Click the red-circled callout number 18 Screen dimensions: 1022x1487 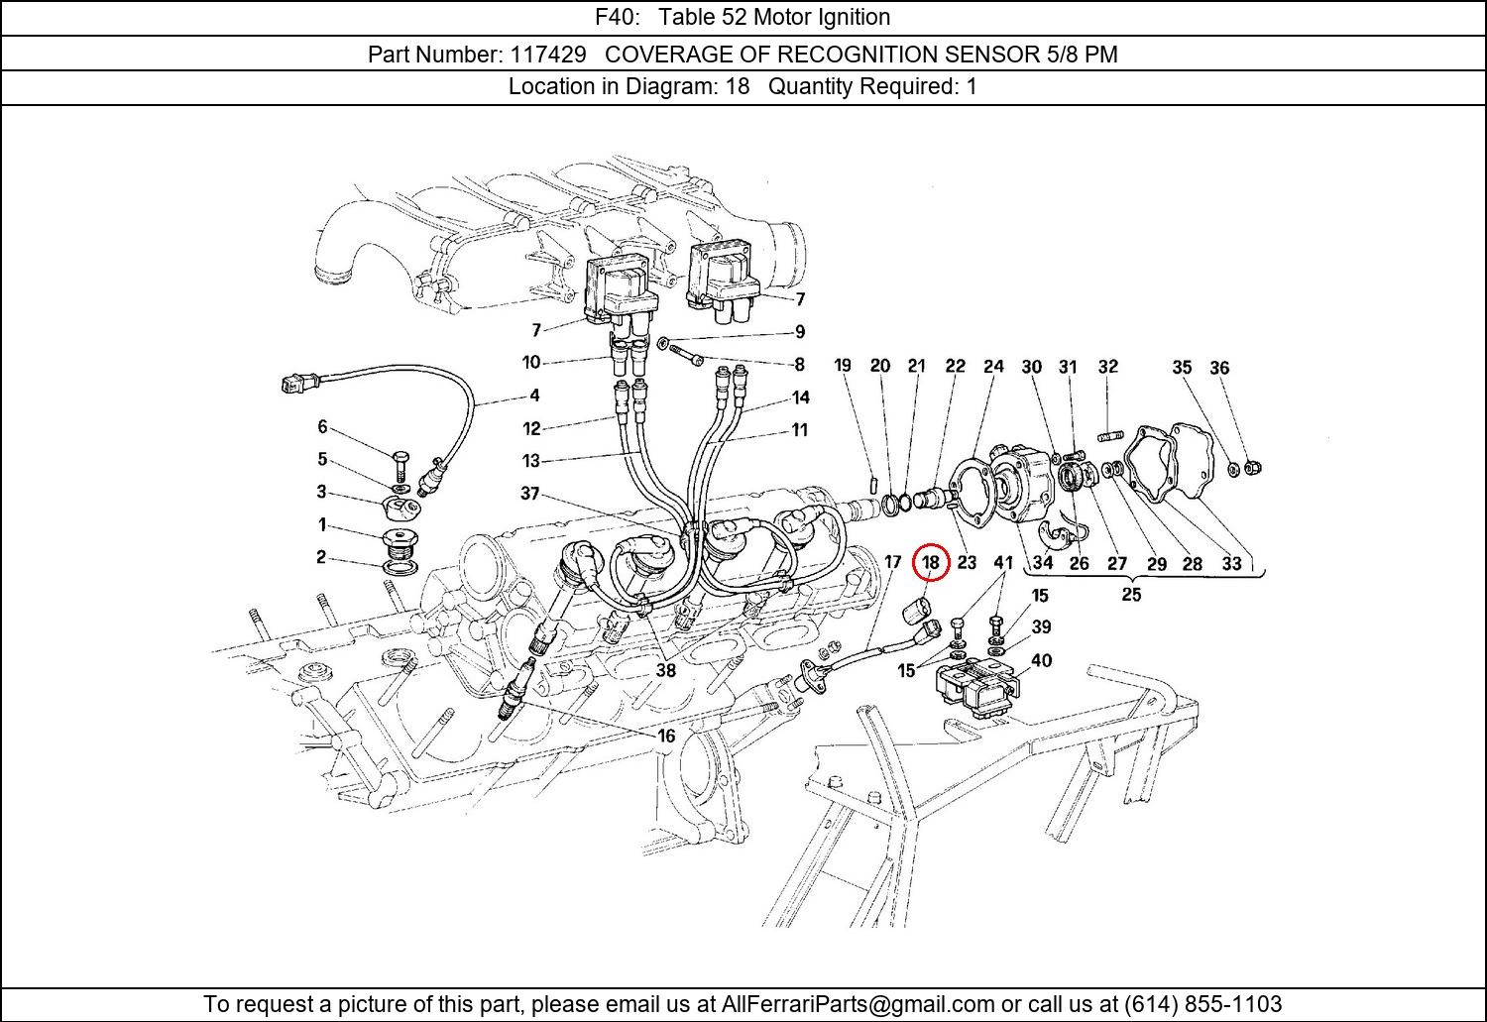(x=930, y=563)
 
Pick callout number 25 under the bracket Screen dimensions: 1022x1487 (x=1131, y=595)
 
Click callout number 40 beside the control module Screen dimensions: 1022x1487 (x=1042, y=661)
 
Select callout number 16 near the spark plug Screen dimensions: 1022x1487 (x=666, y=736)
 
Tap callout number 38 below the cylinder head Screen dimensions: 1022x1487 (x=666, y=670)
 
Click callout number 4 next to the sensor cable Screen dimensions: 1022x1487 (x=534, y=396)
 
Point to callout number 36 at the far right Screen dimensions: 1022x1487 (x=1219, y=368)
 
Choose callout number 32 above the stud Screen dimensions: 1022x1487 (x=1107, y=367)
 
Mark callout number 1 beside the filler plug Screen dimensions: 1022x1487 (x=322, y=524)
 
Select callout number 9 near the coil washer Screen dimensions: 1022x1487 (x=799, y=332)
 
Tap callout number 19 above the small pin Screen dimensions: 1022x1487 (x=843, y=365)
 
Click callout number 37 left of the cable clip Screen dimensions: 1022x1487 (x=530, y=493)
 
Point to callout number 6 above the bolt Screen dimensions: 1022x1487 (x=322, y=427)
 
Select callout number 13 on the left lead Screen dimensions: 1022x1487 (x=531, y=461)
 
